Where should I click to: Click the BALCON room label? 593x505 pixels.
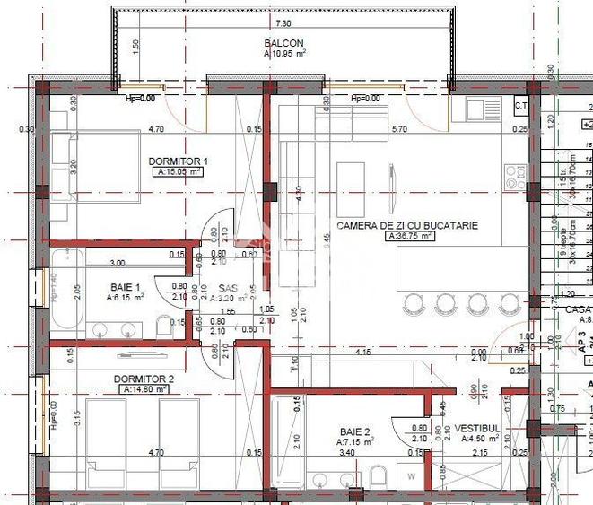click(x=284, y=42)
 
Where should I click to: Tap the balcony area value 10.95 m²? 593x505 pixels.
click(x=284, y=54)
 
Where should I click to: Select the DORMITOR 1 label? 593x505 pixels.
click(x=178, y=161)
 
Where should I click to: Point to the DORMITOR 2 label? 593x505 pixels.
click(x=144, y=379)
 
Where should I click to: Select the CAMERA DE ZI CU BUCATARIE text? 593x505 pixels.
click(x=406, y=226)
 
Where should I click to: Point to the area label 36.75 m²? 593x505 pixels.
click(x=410, y=238)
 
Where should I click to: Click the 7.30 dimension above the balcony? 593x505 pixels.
click(x=283, y=23)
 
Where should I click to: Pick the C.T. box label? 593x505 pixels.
click(x=520, y=105)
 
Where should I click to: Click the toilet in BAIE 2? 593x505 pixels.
click(x=378, y=475)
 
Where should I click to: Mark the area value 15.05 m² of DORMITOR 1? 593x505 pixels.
click(x=178, y=172)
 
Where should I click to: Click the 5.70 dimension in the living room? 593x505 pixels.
click(x=399, y=129)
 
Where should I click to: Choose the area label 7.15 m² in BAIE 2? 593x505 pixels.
click(x=356, y=442)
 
